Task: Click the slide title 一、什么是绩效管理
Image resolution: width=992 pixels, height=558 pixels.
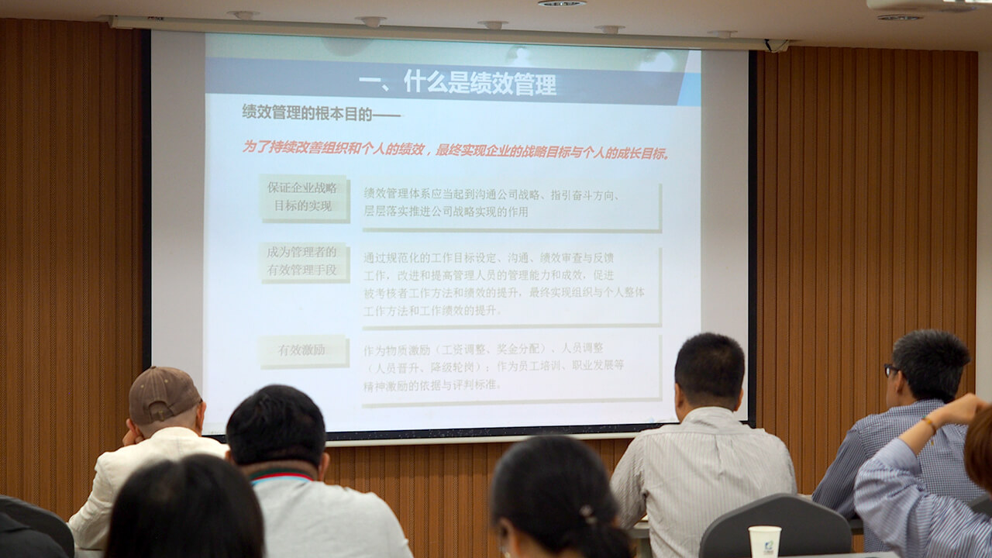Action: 457,82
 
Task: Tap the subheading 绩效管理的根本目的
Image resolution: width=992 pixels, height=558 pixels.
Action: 320,112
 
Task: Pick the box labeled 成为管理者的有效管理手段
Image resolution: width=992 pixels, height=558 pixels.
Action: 302,261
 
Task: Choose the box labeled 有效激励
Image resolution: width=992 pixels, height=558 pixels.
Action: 302,350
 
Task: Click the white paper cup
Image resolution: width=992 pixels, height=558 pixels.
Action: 764,542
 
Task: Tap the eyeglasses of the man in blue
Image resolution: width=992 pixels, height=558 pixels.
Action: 891,370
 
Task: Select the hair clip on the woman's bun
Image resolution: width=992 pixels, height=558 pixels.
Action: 588,513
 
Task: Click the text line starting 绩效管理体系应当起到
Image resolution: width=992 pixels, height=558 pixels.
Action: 491,195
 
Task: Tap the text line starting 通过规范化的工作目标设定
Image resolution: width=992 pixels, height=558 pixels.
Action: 488,257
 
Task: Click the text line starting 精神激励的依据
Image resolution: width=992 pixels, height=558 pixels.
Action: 432,384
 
